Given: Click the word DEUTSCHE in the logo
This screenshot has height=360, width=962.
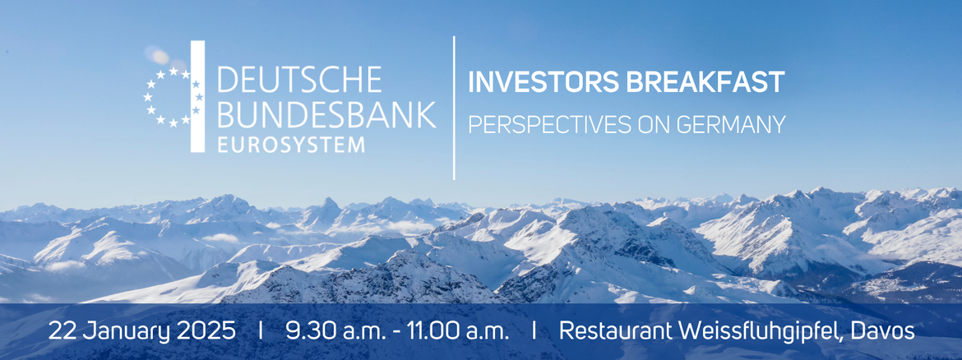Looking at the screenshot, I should (298, 80).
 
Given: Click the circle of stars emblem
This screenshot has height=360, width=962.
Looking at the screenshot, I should (173, 97).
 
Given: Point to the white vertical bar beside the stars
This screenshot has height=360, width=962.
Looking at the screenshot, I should (197, 96).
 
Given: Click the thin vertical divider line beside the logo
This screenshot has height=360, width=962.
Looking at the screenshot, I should (454, 107).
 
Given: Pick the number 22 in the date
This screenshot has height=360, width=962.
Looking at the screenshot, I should (62, 331).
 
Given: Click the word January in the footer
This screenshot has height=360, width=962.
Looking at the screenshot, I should (122, 331).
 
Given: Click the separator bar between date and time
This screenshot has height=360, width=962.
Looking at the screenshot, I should (261, 331).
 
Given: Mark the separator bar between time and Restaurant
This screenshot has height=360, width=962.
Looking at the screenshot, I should (534, 331).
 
